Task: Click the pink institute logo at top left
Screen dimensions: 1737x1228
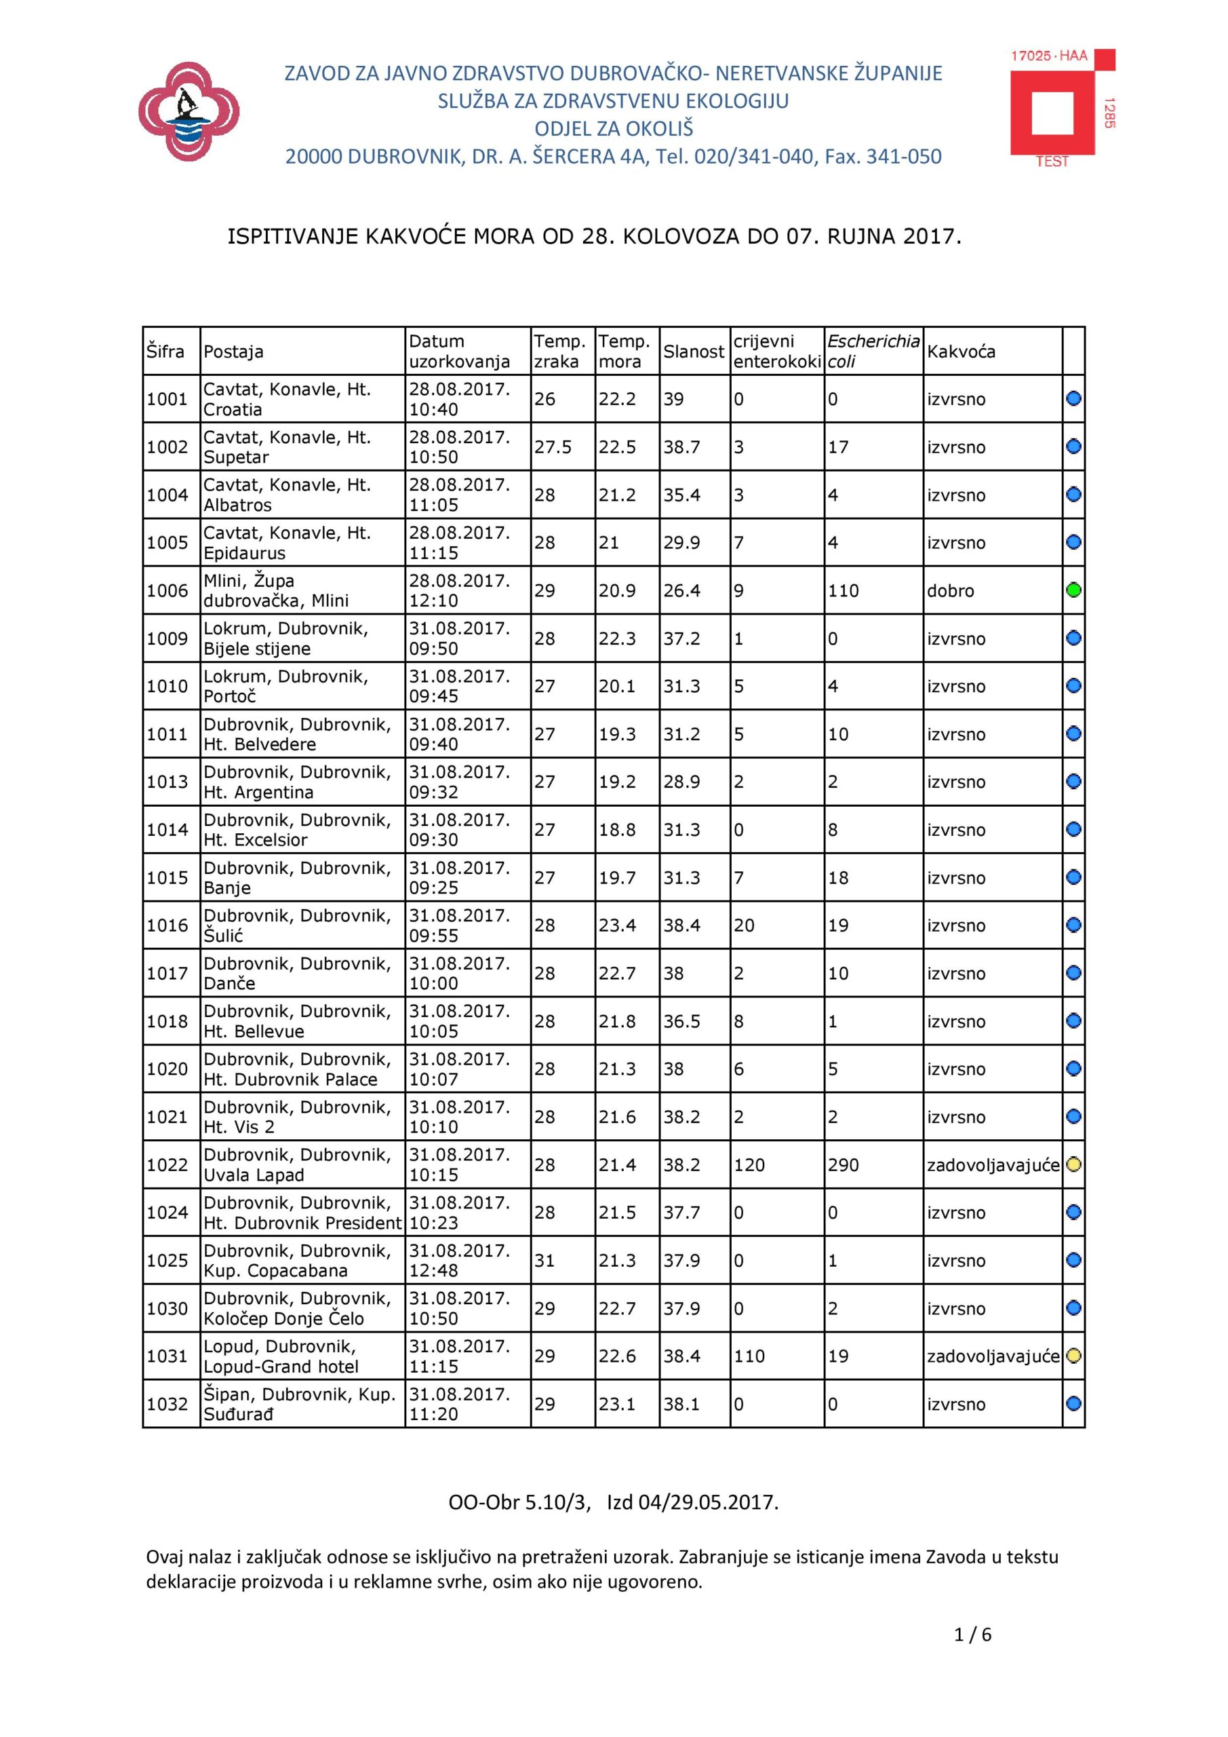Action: pyautogui.click(x=189, y=112)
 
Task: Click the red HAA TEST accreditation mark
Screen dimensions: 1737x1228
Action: pyautogui.click(x=1062, y=107)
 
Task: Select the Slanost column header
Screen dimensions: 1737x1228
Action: pyautogui.click(x=694, y=351)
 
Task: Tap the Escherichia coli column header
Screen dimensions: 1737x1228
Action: pyautogui.click(x=873, y=351)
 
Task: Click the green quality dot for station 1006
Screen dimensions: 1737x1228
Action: pyautogui.click(x=1073, y=590)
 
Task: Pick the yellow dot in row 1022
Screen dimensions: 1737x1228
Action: pyautogui.click(x=1073, y=1164)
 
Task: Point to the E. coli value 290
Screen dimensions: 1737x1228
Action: pyautogui.click(x=843, y=1165)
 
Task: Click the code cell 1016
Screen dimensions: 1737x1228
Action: pyautogui.click(x=167, y=925)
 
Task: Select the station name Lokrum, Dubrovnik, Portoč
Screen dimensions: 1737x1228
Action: pyautogui.click(x=286, y=686)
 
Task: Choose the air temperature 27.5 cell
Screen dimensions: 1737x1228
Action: pyautogui.click(x=553, y=447)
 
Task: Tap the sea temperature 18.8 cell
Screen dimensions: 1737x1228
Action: pyautogui.click(x=617, y=830)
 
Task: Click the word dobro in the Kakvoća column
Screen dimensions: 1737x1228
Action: pyautogui.click(x=951, y=591)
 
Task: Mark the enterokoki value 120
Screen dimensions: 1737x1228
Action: pyautogui.click(x=749, y=1165)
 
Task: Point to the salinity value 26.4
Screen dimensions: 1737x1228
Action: pyautogui.click(x=682, y=591)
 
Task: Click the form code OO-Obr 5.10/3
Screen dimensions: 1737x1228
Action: pyautogui.click(x=518, y=1502)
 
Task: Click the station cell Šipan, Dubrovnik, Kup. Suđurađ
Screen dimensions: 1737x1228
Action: pyautogui.click(x=300, y=1404)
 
